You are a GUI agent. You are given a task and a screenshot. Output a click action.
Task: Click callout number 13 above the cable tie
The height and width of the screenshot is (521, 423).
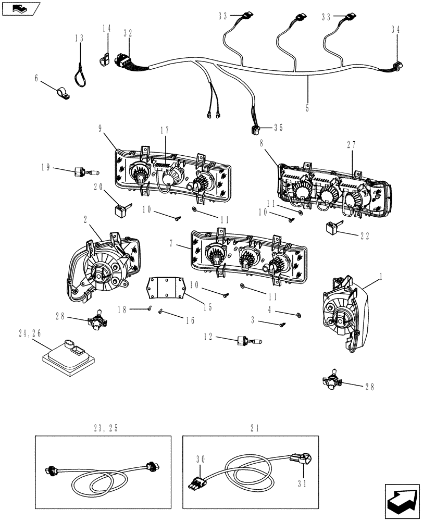pyautogui.click(x=79, y=39)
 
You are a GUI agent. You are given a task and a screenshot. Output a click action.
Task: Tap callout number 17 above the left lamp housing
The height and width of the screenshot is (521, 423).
pyautogui.click(x=165, y=131)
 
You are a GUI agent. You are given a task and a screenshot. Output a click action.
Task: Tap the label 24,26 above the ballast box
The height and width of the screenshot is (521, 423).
pyautogui.click(x=30, y=333)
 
